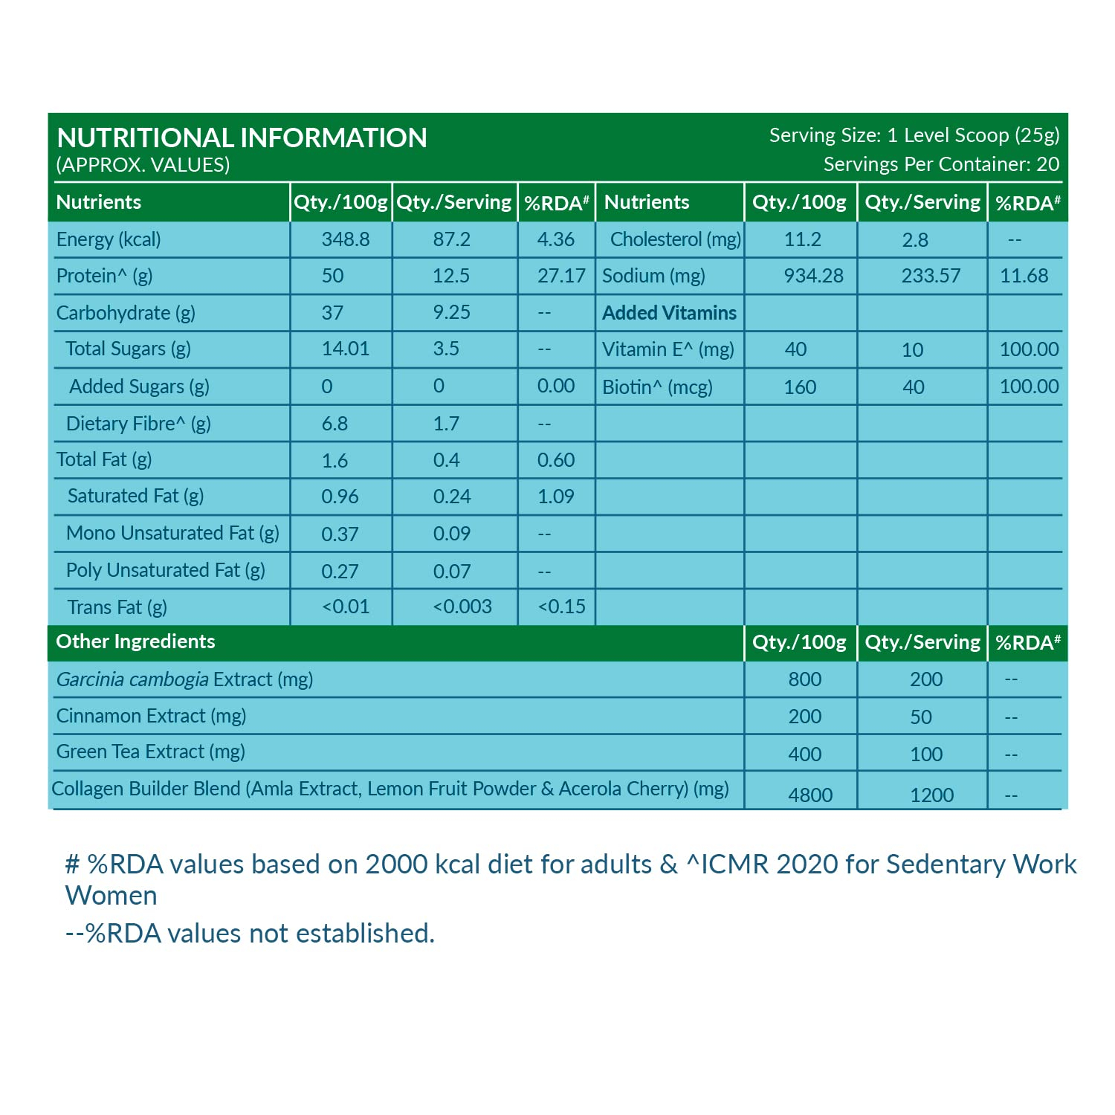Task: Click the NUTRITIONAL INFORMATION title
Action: (x=242, y=138)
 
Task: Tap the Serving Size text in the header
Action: (x=914, y=135)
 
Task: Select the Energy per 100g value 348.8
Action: (x=345, y=239)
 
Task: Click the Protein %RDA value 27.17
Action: (x=561, y=276)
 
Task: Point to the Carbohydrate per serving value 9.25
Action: (x=451, y=312)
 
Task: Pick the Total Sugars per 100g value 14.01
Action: (x=345, y=349)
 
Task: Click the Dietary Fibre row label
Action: (x=138, y=424)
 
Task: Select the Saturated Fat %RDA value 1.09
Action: (x=555, y=496)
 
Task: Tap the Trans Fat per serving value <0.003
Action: (x=462, y=607)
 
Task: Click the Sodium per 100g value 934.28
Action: (x=813, y=276)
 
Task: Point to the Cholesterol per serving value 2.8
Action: (x=914, y=240)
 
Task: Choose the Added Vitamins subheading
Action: (x=669, y=313)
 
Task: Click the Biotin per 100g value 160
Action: (x=800, y=387)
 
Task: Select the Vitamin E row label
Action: (x=668, y=349)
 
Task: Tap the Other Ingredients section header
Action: (x=135, y=641)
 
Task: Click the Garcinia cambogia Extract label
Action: (x=184, y=679)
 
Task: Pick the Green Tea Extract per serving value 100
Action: (x=925, y=754)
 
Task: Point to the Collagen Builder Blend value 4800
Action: (x=809, y=795)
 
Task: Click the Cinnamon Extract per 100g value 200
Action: (x=804, y=717)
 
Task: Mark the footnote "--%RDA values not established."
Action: (x=250, y=933)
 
